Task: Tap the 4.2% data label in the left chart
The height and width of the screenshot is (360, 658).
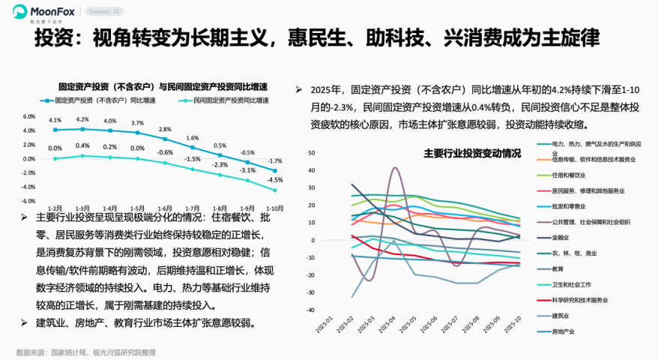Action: tap(82, 119)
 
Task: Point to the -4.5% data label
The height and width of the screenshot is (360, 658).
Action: tap(275, 180)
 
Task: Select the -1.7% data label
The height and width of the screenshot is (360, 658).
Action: tap(275, 161)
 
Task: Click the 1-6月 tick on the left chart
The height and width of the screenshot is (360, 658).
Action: tap(165, 208)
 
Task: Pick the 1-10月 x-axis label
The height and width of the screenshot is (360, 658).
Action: tap(275, 208)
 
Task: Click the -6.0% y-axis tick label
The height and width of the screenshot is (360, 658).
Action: tap(29, 201)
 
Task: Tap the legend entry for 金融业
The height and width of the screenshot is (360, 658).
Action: tap(562, 238)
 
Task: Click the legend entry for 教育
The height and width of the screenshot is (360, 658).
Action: tap(558, 268)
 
